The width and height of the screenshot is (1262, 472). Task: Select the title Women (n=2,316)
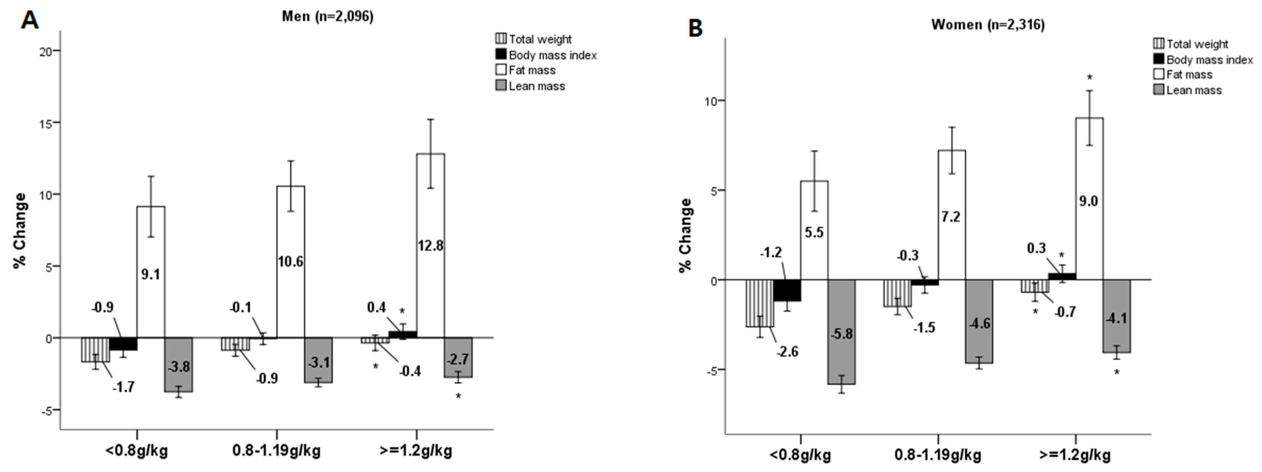coord(988,25)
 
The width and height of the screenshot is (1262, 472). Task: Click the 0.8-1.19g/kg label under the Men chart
coord(276,450)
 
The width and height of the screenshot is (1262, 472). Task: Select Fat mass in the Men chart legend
coord(532,70)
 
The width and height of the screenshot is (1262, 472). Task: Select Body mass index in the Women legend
coord(1209,60)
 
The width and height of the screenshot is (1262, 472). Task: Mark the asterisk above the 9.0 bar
coord(1090,77)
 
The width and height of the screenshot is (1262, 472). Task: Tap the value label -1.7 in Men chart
coord(123,387)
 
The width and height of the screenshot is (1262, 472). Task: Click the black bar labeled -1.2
coord(787,290)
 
